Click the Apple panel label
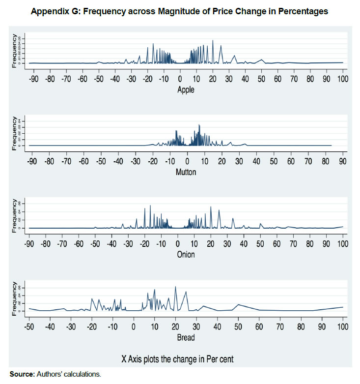tap(186, 89)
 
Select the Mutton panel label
tap(186, 172)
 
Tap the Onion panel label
tap(186, 254)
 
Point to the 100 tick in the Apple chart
tap(342, 79)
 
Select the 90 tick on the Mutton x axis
tap(342, 161)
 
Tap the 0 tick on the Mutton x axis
tap(187, 161)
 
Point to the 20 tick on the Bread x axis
tap(175, 326)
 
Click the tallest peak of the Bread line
tap(175, 287)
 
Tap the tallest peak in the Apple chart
tap(213, 40)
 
